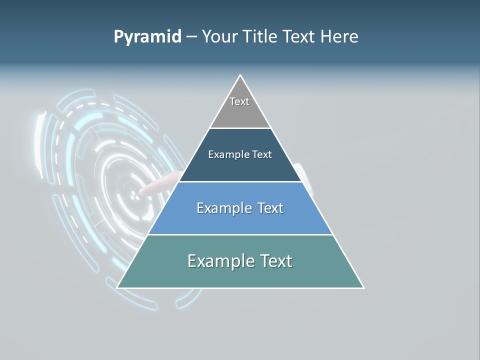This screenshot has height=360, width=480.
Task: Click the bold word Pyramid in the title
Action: point(147,37)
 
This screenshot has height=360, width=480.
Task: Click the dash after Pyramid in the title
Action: point(191,37)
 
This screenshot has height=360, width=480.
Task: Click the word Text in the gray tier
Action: point(239,101)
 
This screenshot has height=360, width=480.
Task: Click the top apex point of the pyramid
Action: point(240,75)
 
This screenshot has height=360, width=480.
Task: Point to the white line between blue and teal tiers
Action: point(240,234)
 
